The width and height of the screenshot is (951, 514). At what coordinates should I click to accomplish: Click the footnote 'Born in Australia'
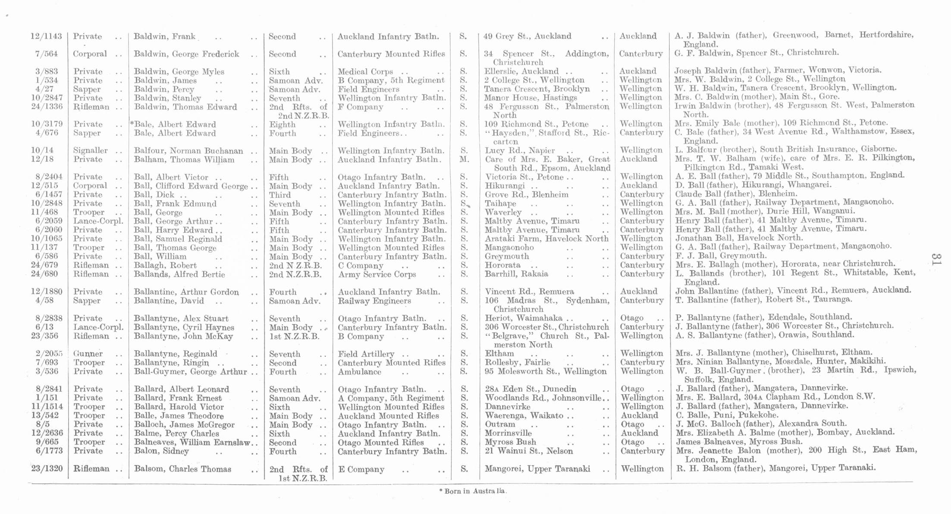[473, 491]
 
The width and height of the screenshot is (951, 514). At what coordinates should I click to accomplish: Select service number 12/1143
[46, 36]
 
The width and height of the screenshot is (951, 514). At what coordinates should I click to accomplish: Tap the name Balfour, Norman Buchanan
[188, 151]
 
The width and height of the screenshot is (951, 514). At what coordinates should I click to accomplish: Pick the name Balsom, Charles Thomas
[182, 469]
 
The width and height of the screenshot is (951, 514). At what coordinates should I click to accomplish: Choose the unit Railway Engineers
[374, 301]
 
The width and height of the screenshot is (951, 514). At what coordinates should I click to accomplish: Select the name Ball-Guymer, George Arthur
[191, 372]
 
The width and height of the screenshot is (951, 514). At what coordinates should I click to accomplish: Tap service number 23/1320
[47, 469]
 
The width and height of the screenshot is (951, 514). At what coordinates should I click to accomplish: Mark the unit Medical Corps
[365, 72]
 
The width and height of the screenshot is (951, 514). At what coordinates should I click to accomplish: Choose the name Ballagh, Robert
[165, 266]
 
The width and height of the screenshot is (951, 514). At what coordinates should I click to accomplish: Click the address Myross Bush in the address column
[511, 442]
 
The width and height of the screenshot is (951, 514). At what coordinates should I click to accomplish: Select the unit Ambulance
[360, 372]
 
